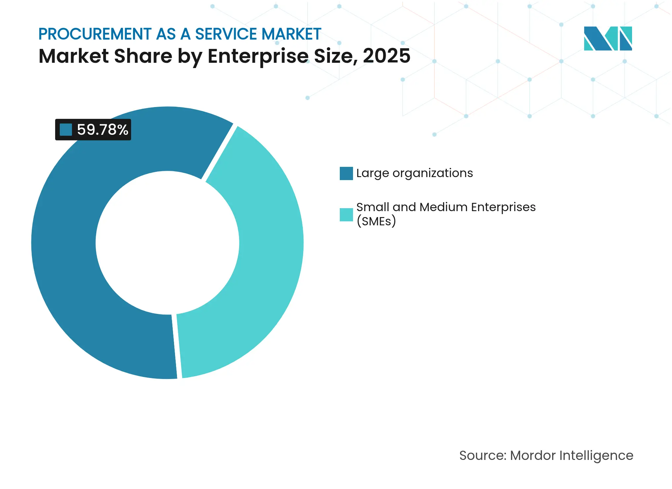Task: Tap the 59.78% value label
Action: (102, 130)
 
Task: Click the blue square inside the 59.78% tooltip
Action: (66, 130)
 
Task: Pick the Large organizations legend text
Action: (414, 173)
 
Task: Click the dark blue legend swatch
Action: (346, 173)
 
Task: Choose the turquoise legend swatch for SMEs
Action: (346, 214)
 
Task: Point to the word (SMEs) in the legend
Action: (376, 221)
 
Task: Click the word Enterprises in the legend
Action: (503, 207)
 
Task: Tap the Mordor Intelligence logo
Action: (608, 38)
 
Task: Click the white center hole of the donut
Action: (167, 243)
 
